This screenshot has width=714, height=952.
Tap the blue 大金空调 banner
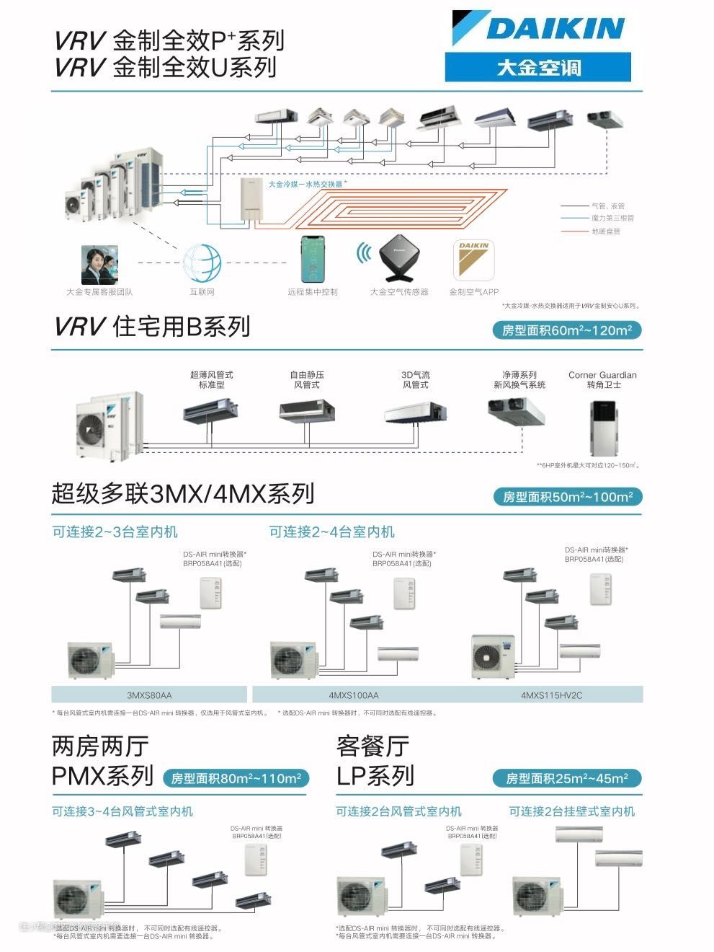click(537, 69)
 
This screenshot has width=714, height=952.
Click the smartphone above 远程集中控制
click(313, 259)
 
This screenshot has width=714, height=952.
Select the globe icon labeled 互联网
click(202, 263)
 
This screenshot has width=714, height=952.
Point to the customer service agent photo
click(99, 265)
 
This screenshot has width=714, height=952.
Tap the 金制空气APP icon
click(473, 260)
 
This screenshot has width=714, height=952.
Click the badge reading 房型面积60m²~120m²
click(567, 330)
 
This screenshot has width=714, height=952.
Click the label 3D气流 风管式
click(415, 380)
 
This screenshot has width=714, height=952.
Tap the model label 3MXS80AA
click(149, 695)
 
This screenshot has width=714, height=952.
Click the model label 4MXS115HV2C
click(551, 695)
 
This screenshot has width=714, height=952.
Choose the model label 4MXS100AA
click(353, 695)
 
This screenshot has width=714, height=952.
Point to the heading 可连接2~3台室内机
click(115, 532)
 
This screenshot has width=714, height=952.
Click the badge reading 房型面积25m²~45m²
click(566, 778)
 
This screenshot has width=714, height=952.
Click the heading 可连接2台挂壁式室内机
click(572, 811)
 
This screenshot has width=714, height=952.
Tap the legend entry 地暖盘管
click(606, 232)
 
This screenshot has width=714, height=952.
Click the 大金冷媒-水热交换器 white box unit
click(253, 200)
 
